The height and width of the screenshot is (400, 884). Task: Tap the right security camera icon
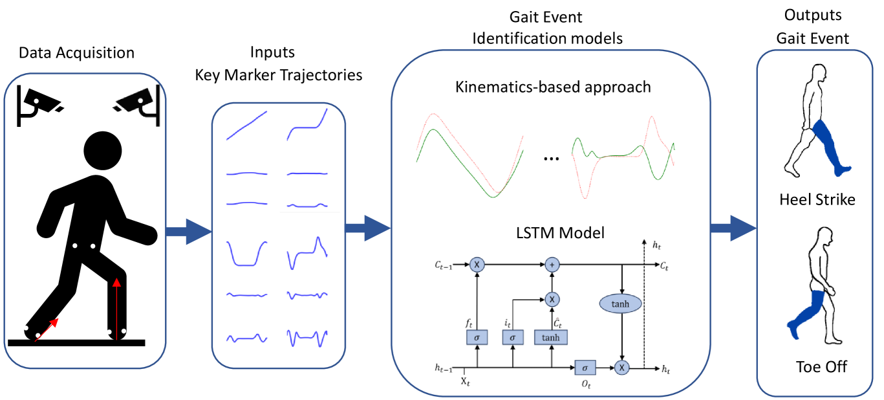pyautogui.click(x=137, y=102)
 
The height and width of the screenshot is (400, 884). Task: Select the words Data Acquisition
pyautogui.click(x=76, y=53)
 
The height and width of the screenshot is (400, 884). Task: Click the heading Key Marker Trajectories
pyautogui.click(x=278, y=74)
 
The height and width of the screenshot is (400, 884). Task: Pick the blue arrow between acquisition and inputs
pyautogui.click(x=188, y=231)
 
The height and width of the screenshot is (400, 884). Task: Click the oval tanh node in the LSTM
pyautogui.click(x=621, y=303)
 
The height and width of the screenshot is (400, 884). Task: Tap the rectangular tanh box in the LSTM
pyautogui.click(x=551, y=337)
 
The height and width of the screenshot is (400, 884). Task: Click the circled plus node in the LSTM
pyautogui.click(x=552, y=264)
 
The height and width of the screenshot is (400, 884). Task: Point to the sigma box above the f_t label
pyautogui.click(x=476, y=337)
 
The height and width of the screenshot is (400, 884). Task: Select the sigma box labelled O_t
pyautogui.click(x=585, y=368)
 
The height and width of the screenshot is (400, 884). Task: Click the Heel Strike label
pyautogui.click(x=817, y=200)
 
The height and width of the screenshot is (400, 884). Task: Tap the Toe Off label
pyautogui.click(x=821, y=367)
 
